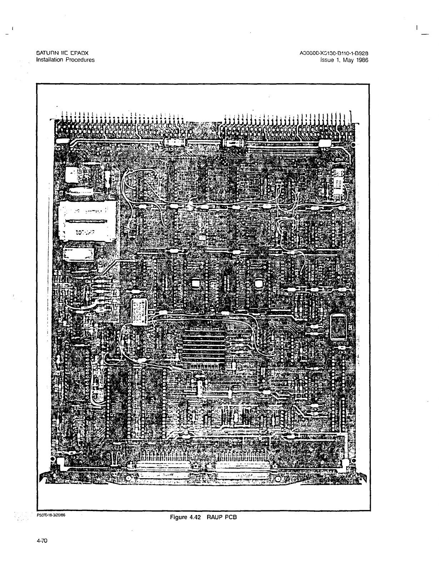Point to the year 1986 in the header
click(362, 60)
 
